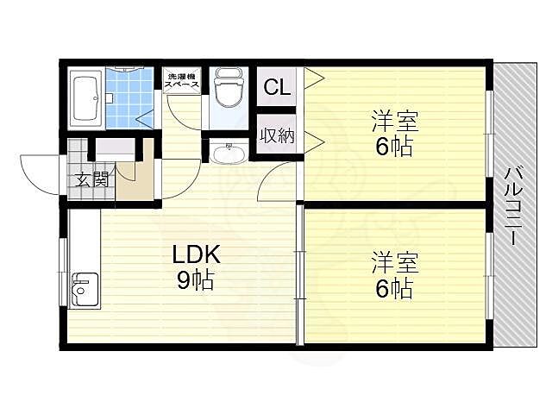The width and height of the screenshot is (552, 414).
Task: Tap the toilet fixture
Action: click(229, 89)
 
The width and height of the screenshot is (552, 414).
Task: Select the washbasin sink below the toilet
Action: click(229, 151)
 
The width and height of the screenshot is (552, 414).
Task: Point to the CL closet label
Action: click(277, 87)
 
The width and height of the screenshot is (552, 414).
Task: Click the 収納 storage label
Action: click(277, 135)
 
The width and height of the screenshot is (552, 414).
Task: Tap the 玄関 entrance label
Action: click(91, 180)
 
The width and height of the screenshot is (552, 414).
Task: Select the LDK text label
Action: click(196, 254)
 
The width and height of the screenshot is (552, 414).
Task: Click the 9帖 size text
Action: click(195, 280)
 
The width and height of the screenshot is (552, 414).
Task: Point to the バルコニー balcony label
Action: click(514, 206)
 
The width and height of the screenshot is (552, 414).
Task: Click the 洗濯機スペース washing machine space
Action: click(182, 80)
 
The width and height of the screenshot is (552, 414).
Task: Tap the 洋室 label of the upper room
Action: click(395, 121)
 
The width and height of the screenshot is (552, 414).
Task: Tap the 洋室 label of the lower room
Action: click(395, 262)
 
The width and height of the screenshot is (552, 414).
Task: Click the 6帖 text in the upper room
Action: click(394, 147)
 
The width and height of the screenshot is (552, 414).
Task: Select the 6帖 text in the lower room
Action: click(394, 289)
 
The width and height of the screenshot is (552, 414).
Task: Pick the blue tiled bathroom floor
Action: click(129, 97)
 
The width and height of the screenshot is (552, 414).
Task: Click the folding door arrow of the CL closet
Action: click(314, 78)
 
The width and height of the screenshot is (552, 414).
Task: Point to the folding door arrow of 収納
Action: click(314, 142)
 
